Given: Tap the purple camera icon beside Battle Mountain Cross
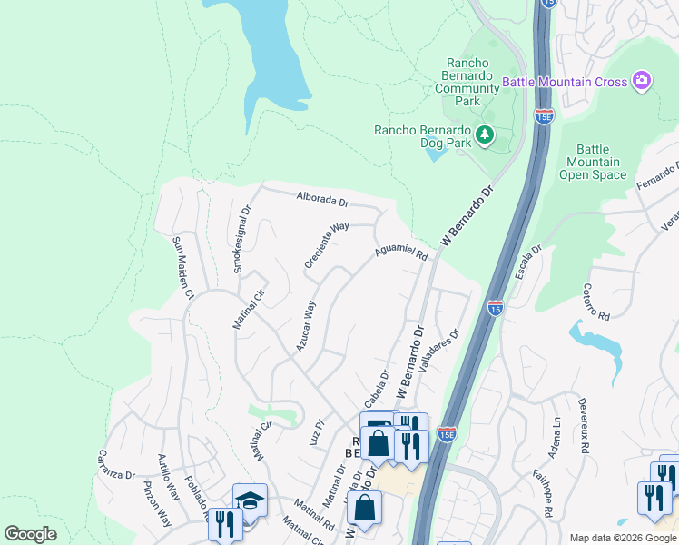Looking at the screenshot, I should click(x=642, y=82).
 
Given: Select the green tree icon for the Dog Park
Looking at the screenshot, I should click(x=486, y=135).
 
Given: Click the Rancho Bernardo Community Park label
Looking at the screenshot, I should click(x=467, y=81).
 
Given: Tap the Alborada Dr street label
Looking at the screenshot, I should click(x=322, y=200).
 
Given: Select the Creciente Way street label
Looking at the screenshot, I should click(x=327, y=246).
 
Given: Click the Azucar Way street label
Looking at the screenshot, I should click(x=305, y=327).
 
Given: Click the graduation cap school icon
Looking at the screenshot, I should click(x=250, y=500).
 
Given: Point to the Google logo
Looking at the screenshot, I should click(x=31, y=534).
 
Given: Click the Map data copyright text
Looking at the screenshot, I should click(x=621, y=538).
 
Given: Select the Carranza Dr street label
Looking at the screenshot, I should click(x=116, y=462).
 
